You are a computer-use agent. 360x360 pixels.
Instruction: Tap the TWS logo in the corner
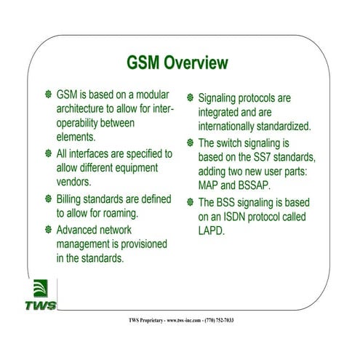tap(43, 294)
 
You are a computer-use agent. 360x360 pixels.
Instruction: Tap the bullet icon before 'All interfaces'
tap(48, 154)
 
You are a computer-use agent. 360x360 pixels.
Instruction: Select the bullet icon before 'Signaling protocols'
tap(190, 97)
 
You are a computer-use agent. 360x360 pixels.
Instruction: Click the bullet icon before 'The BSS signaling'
tap(190, 203)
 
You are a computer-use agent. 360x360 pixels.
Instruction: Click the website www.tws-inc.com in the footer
tap(179, 320)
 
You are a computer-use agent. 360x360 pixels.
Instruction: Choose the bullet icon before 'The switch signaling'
tap(190, 143)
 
